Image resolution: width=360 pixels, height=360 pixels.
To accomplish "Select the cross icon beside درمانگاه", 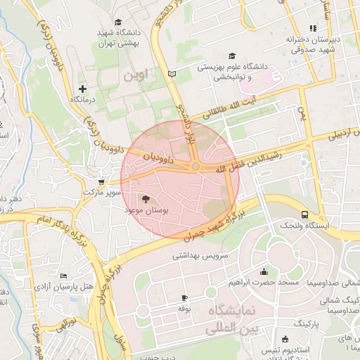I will tap(83, 89).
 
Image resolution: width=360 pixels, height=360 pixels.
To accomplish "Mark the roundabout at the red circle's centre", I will tap(194, 166).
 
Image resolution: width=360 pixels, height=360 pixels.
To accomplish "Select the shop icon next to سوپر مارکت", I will tap(101, 181).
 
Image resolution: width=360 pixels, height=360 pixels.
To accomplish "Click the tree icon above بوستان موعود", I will tap(146, 199).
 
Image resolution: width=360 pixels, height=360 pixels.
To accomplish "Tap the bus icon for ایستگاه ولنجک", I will tap(304, 214).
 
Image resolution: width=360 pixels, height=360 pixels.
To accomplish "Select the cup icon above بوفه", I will tap(184, 298).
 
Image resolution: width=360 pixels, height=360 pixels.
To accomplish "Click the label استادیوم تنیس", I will tap(282, 349).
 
